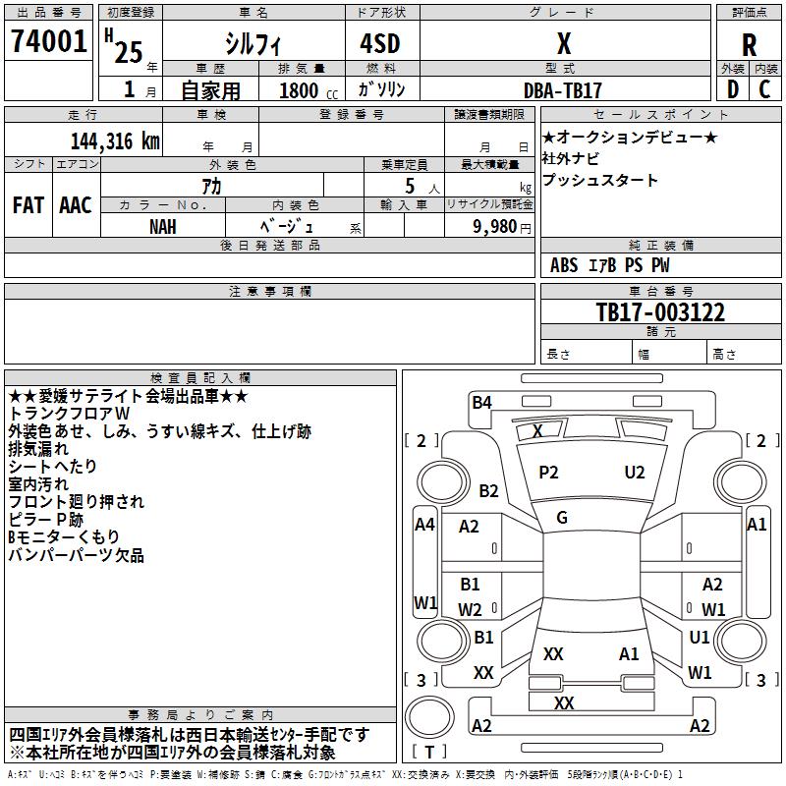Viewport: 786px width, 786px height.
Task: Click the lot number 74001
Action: pyautogui.click(x=48, y=42)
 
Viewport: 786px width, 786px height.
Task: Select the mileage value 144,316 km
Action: pyautogui.click(x=115, y=140)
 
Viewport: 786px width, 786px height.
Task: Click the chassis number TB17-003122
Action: pyautogui.click(x=660, y=312)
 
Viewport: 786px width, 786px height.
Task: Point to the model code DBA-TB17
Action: pyautogui.click(x=563, y=89)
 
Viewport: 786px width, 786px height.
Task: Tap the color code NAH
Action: pyautogui.click(x=163, y=226)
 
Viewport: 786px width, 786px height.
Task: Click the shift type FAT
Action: pyautogui.click(x=28, y=204)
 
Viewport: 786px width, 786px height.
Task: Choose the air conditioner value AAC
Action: pyautogui.click(x=75, y=204)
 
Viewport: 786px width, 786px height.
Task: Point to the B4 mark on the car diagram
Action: pyautogui.click(x=481, y=401)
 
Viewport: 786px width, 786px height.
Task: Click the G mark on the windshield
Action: pyautogui.click(x=562, y=517)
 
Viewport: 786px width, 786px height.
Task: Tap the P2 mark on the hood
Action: pyautogui.click(x=548, y=473)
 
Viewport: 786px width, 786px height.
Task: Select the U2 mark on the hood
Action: pyautogui.click(x=635, y=473)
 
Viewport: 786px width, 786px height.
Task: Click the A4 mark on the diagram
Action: pyautogui.click(x=424, y=525)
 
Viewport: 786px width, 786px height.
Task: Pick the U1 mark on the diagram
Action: pyautogui.click(x=700, y=637)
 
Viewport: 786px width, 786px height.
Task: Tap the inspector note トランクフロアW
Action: pyautogui.click(x=68, y=414)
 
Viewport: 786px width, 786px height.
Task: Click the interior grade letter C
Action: pyautogui.click(x=764, y=89)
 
